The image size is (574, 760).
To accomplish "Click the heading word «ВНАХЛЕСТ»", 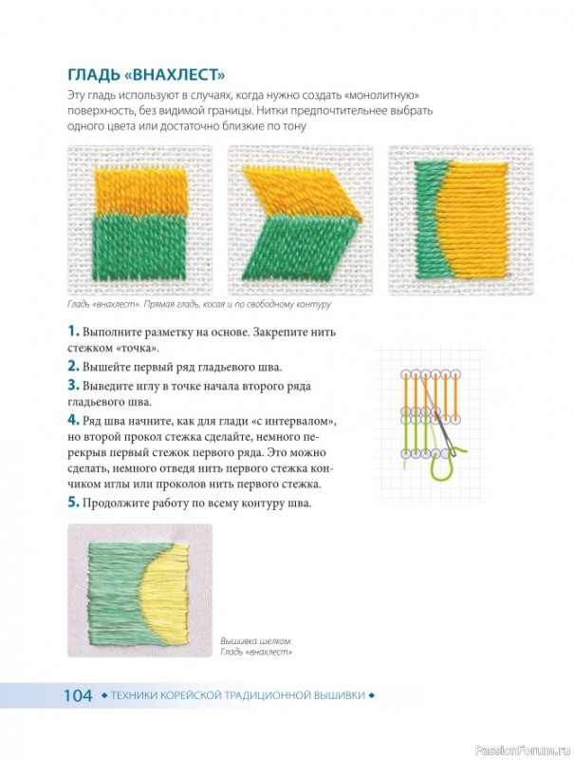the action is click(x=178, y=75).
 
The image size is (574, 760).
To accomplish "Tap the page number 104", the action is click(x=78, y=695).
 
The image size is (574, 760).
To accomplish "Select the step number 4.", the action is click(x=73, y=420).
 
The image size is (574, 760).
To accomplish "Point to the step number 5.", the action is click(x=73, y=503).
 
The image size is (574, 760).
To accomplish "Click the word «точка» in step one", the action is click(x=137, y=348).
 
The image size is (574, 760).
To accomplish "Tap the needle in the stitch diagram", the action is click(x=438, y=416).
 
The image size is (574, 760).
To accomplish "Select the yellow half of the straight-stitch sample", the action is click(x=140, y=192).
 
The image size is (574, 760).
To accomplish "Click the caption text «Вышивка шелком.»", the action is click(x=256, y=641).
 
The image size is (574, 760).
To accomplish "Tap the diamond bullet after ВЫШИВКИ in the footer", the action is click(x=372, y=695).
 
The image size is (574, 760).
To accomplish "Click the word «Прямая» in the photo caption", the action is click(x=157, y=304).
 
